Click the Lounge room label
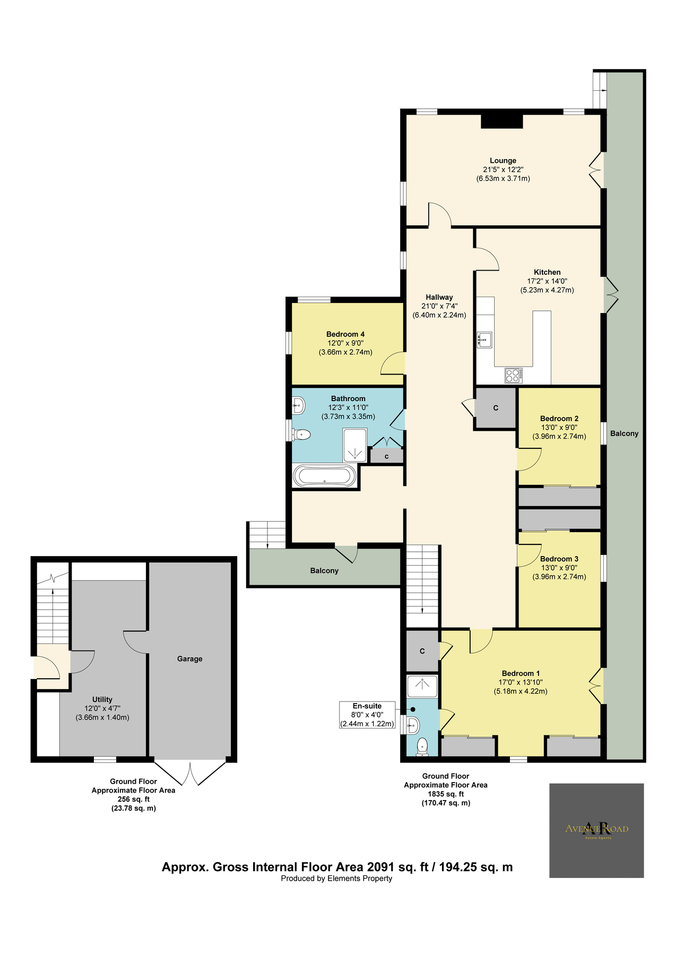click(503, 160)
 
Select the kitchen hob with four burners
click(513, 375)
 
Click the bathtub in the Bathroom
click(324, 476)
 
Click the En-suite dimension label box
click(367, 715)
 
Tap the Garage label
click(189, 658)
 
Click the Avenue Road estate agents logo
click(596, 830)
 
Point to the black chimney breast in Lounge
click(501, 121)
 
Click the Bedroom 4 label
click(345, 334)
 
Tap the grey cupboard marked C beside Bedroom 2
click(496, 408)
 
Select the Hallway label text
click(439, 297)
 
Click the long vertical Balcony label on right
click(624, 433)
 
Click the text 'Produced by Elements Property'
click(336, 878)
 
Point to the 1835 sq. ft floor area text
click(446, 794)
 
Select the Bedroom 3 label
click(559, 559)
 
